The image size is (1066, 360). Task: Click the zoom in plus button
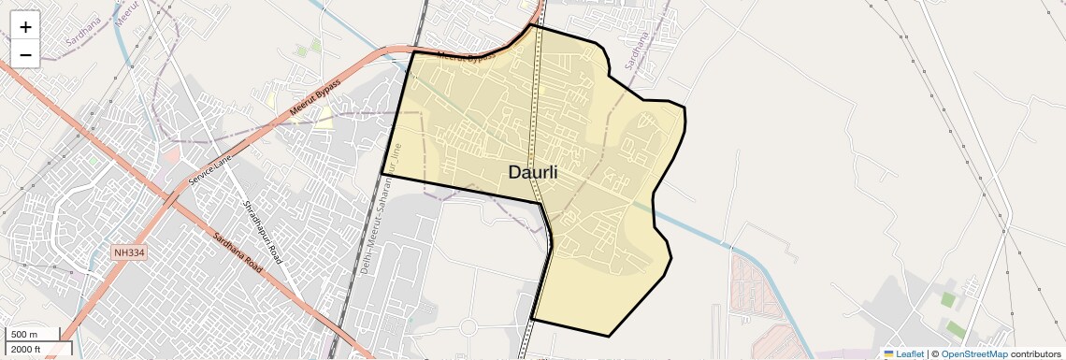coord(25,27)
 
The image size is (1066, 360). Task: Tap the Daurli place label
coord(532,172)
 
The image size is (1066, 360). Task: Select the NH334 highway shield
coord(130,252)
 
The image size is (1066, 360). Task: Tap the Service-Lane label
coord(209,167)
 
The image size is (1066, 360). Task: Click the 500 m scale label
coord(24,335)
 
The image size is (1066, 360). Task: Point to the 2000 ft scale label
coord(26,349)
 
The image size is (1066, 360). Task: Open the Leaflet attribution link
coord(910,353)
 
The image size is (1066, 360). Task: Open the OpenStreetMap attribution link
coord(973,353)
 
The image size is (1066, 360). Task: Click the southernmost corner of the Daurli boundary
coord(609,336)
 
